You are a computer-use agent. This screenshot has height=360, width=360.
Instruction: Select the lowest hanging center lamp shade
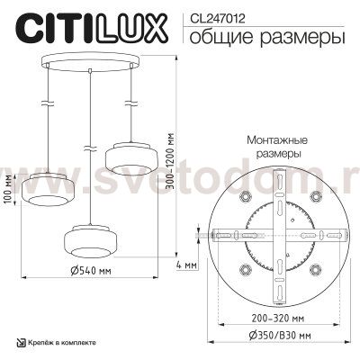(x=89, y=244)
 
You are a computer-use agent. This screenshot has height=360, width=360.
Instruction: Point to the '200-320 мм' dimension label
(x=278, y=319)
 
